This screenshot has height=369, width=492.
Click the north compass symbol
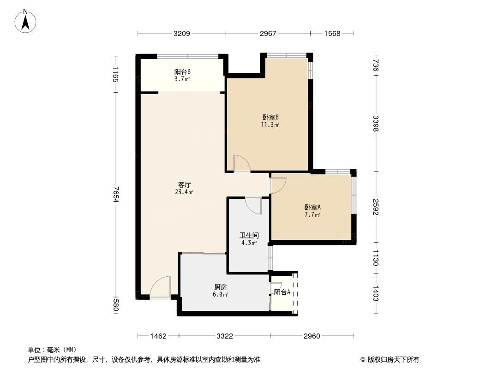27,20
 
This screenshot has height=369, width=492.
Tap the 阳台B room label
182,72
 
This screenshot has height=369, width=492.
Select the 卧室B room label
270,117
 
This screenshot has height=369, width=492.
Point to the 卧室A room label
312,208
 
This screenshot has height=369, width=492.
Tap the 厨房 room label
220,287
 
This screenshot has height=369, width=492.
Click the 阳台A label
282,292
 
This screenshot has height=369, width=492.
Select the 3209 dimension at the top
182,33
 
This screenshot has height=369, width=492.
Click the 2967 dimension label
268,33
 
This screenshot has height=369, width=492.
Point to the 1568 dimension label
332,33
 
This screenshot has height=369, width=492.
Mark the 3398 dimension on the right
376,123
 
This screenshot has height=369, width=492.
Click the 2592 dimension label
376,206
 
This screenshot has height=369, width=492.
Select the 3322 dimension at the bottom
224,336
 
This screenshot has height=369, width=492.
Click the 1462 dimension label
158,336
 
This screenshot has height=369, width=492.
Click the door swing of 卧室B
241,163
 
